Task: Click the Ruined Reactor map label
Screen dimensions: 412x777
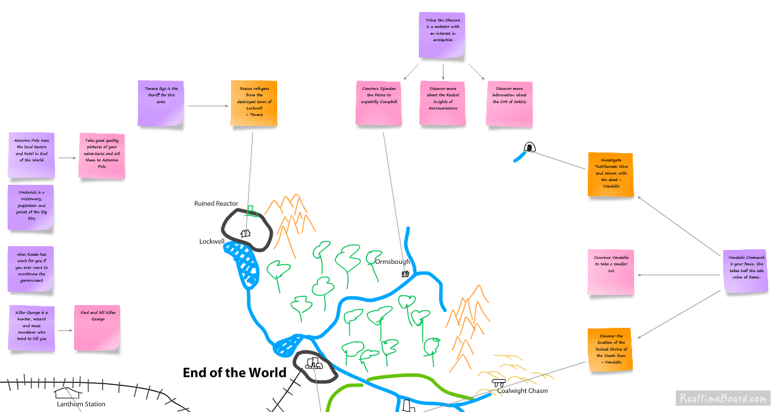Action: [x=216, y=204]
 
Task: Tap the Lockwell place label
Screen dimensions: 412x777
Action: [x=211, y=242]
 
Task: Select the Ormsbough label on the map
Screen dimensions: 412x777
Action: [x=392, y=261]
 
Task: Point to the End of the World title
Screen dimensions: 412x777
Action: [x=235, y=373]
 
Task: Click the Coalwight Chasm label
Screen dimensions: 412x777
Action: [x=523, y=391]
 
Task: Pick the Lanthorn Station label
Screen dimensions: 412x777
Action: [x=81, y=404]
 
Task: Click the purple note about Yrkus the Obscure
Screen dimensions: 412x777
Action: [x=442, y=35]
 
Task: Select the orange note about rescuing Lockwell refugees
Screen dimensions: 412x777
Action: [x=254, y=103]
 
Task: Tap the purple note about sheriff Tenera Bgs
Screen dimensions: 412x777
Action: [x=161, y=103]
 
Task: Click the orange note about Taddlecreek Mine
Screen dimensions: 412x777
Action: [x=611, y=175]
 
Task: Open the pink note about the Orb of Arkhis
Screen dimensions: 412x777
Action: [x=509, y=103]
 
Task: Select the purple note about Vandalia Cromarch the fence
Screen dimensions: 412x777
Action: [x=746, y=271]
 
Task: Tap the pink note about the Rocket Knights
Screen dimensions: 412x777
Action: [x=443, y=103]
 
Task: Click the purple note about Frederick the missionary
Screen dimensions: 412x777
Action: [x=31, y=208]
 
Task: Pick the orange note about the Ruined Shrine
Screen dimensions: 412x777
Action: [x=611, y=349]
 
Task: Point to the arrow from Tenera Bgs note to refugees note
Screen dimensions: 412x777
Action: [x=208, y=106]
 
